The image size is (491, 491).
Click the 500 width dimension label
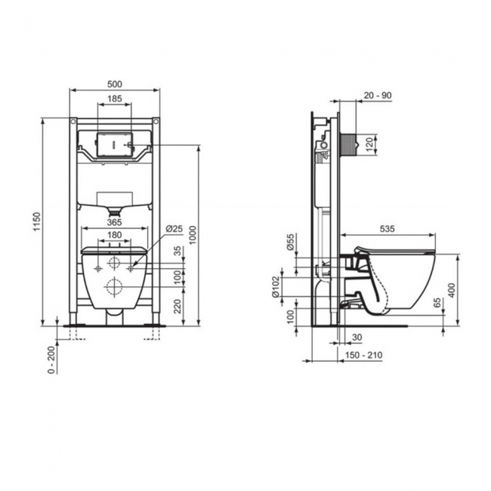coord(115,85)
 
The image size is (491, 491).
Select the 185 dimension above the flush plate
coord(115,99)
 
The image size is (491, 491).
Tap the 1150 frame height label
coord(37,221)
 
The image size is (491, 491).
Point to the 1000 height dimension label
coord(193,235)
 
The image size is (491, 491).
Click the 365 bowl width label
coord(114,222)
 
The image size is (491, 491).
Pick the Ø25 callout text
coord(174,229)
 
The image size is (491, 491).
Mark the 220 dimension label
coord(178,307)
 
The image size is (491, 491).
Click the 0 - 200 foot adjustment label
coord(52,360)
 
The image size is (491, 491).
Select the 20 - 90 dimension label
coord(378,95)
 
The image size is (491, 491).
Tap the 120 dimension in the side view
coord(370,144)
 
